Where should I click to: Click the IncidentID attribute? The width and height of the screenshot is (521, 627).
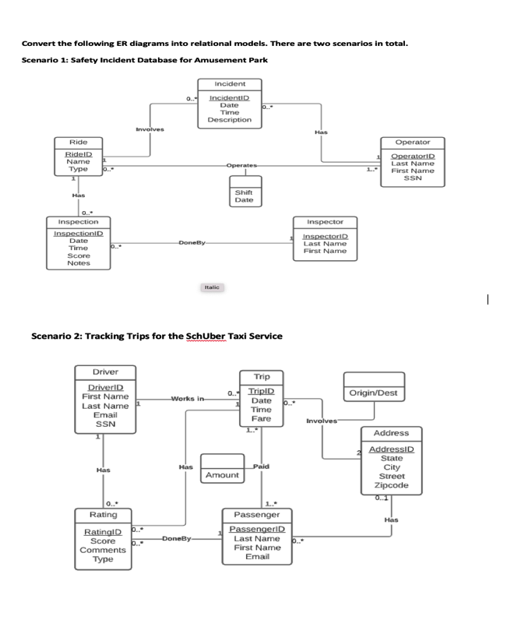pyautogui.click(x=229, y=97)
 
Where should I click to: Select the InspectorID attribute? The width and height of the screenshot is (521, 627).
pyautogui.click(x=326, y=235)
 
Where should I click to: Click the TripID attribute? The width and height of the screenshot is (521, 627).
pyautogui.click(x=261, y=392)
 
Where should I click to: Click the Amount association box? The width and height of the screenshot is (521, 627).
pyautogui.click(x=222, y=474)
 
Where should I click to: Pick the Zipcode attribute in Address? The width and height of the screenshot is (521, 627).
pyautogui.click(x=392, y=485)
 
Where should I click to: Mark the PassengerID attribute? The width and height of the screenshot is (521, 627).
pyautogui.click(x=256, y=529)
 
